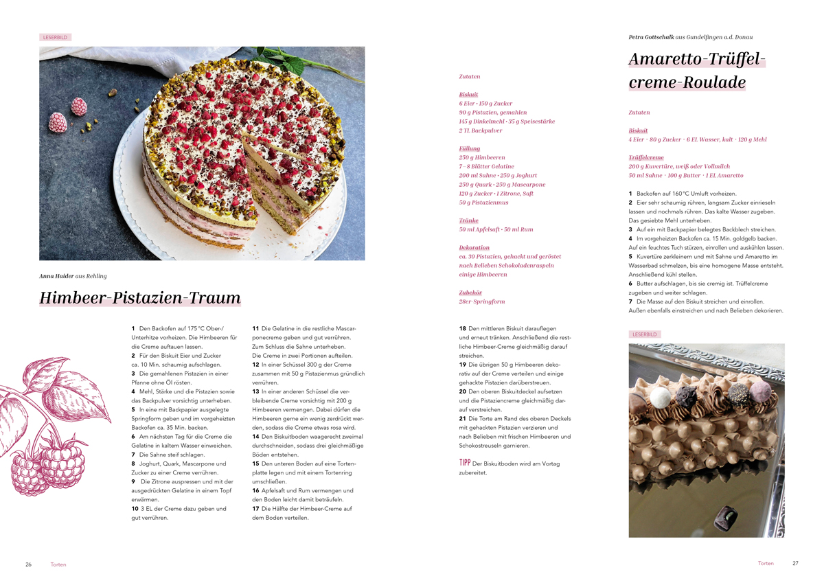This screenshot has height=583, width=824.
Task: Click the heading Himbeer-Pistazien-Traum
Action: point(140,298)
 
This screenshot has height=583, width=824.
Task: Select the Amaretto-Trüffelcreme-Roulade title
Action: point(696,71)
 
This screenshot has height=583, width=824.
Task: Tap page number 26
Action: point(29,564)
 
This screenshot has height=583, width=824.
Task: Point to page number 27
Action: point(795,563)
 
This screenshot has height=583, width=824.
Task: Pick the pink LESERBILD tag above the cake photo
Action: point(55,37)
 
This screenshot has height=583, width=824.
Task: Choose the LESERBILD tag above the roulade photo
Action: point(645,334)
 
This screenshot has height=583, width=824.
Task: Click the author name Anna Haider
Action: point(56,276)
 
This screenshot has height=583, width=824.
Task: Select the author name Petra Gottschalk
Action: point(652,37)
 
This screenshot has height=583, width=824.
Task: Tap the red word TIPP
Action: point(464,463)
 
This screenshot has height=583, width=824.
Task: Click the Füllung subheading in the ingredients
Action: point(470,148)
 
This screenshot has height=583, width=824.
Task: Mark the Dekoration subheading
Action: point(474,247)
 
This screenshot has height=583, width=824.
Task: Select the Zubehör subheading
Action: point(470,293)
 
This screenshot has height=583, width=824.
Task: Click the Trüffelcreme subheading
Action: point(645,157)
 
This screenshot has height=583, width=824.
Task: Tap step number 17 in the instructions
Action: point(255,509)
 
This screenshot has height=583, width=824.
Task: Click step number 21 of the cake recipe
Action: point(463,418)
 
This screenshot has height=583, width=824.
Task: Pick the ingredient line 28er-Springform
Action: point(481,301)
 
